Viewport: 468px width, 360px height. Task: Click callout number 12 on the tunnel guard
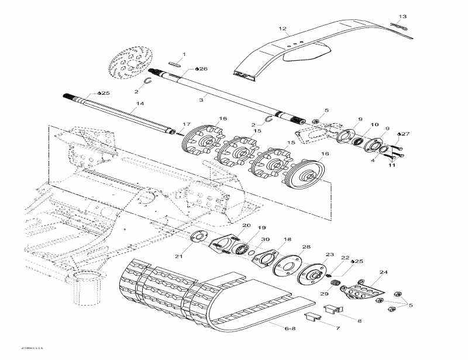coord(283,29)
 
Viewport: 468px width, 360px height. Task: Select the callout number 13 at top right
coord(402,16)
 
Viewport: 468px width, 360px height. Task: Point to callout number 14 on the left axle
coord(139,104)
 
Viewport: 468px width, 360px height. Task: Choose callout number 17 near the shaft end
coord(187,124)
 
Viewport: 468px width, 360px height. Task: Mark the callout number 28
coord(306,247)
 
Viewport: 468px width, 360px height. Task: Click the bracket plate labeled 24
coord(361,290)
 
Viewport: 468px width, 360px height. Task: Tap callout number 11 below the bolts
coord(392,165)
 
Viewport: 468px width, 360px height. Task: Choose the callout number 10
coord(374,124)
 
